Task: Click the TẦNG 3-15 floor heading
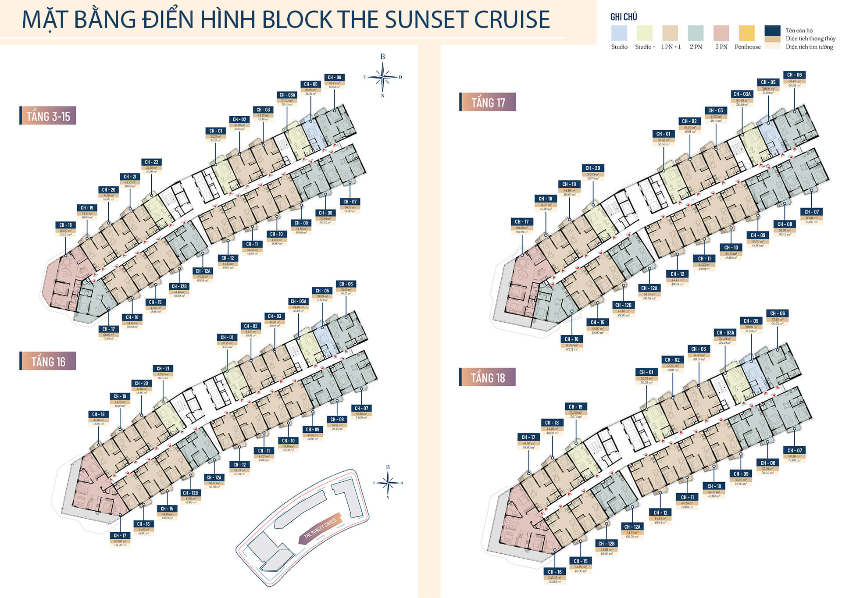click(x=48, y=116)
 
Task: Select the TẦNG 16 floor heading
click(x=48, y=361)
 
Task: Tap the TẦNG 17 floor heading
click(x=488, y=103)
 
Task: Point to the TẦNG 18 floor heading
click(x=488, y=377)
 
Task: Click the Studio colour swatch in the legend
click(x=619, y=33)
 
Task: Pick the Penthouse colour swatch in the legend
click(x=746, y=33)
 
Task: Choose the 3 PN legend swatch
click(x=721, y=33)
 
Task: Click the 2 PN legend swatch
click(x=696, y=33)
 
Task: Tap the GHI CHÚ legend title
click(x=624, y=17)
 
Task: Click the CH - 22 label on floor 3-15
click(x=152, y=162)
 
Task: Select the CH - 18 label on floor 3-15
click(x=66, y=225)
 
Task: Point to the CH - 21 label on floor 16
click(x=163, y=369)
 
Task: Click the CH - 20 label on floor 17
click(x=593, y=168)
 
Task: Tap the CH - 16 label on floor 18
click(x=555, y=572)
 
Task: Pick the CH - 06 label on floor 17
click(x=794, y=75)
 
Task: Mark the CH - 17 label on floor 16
click(x=120, y=535)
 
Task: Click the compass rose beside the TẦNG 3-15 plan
click(x=383, y=77)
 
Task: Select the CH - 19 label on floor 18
click(x=576, y=406)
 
